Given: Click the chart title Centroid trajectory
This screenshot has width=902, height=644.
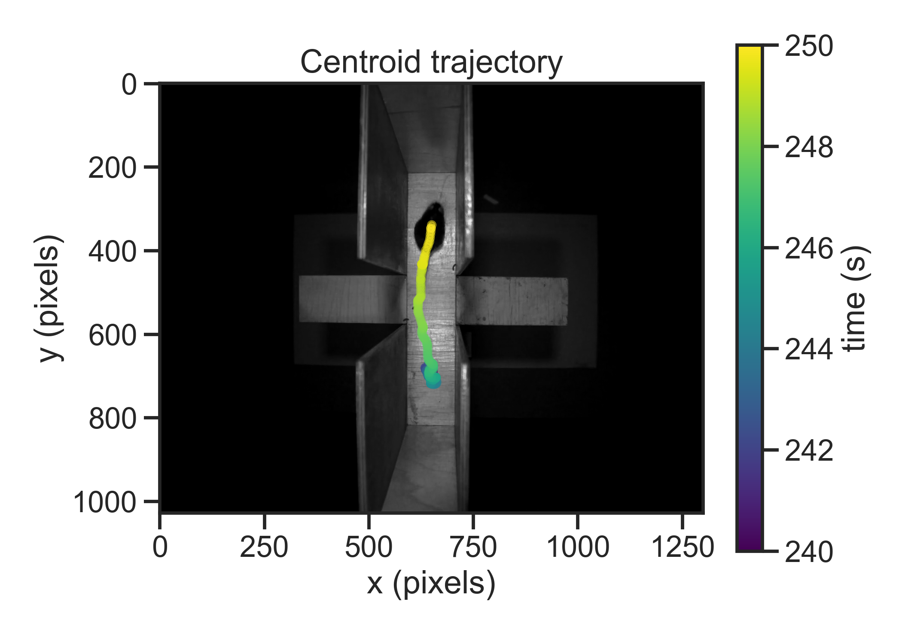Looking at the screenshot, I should click(x=431, y=62).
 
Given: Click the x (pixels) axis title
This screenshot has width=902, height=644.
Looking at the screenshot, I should click(x=431, y=583).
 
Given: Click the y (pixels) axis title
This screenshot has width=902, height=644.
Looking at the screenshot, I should click(x=49, y=298).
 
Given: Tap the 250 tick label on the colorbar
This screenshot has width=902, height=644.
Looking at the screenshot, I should click(x=809, y=46).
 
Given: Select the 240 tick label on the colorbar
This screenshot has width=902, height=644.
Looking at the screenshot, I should click(x=809, y=551).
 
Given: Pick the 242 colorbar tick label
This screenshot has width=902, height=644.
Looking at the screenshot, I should click(x=809, y=450).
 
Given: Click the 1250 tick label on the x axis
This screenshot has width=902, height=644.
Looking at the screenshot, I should click(x=683, y=547).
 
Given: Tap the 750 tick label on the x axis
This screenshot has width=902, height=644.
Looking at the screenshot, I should click(x=473, y=547).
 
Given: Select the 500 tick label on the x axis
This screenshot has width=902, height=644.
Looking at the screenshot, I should click(x=369, y=547).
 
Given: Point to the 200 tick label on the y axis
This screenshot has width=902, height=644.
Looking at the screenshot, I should click(x=112, y=167).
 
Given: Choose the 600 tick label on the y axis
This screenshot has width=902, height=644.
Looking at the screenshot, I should click(x=112, y=335).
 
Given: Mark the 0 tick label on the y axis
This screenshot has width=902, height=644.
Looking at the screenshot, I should click(x=129, y=84).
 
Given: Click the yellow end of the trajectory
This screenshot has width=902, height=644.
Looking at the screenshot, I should click(x=432, y=225).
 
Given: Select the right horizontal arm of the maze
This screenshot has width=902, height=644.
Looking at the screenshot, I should click(x=511, y=301).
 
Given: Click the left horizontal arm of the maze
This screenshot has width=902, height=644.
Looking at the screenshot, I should click(x=352, y=299).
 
